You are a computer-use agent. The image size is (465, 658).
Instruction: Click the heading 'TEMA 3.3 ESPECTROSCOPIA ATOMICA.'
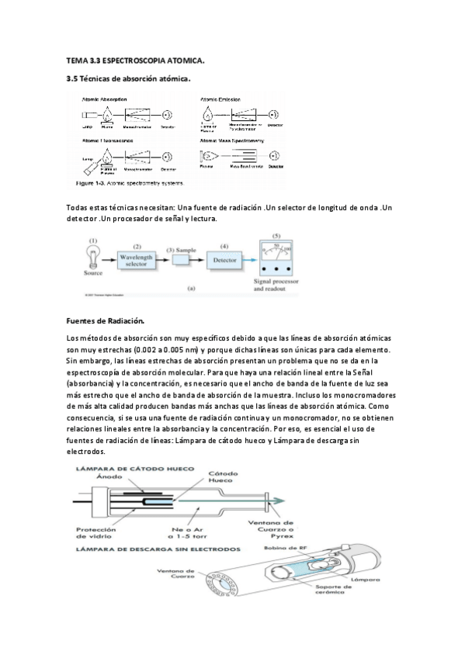click(136, 60)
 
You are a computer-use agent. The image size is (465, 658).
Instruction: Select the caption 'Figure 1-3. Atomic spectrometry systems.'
click(130, 184)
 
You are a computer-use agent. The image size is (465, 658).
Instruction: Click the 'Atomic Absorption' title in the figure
click(106, 99)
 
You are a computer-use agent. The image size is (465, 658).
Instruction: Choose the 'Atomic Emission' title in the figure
click(222, 99)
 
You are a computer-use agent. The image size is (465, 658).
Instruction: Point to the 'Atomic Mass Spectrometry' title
click(232, 141)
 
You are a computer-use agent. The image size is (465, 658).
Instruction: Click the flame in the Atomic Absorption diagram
click(108, 114)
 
